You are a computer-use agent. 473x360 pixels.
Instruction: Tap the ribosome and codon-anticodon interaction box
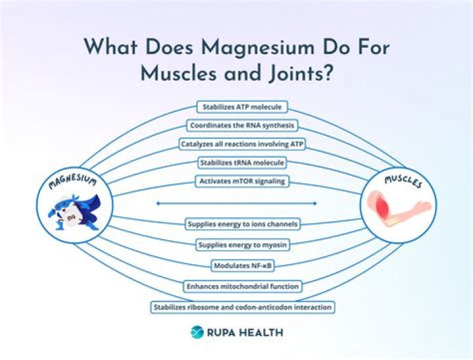[x=242, y=307]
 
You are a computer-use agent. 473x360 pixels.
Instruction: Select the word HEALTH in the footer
[x=261, y=332]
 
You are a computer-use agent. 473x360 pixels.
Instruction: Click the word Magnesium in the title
[x=247, y=48]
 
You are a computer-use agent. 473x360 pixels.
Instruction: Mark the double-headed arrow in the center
[x=236, y=204]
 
